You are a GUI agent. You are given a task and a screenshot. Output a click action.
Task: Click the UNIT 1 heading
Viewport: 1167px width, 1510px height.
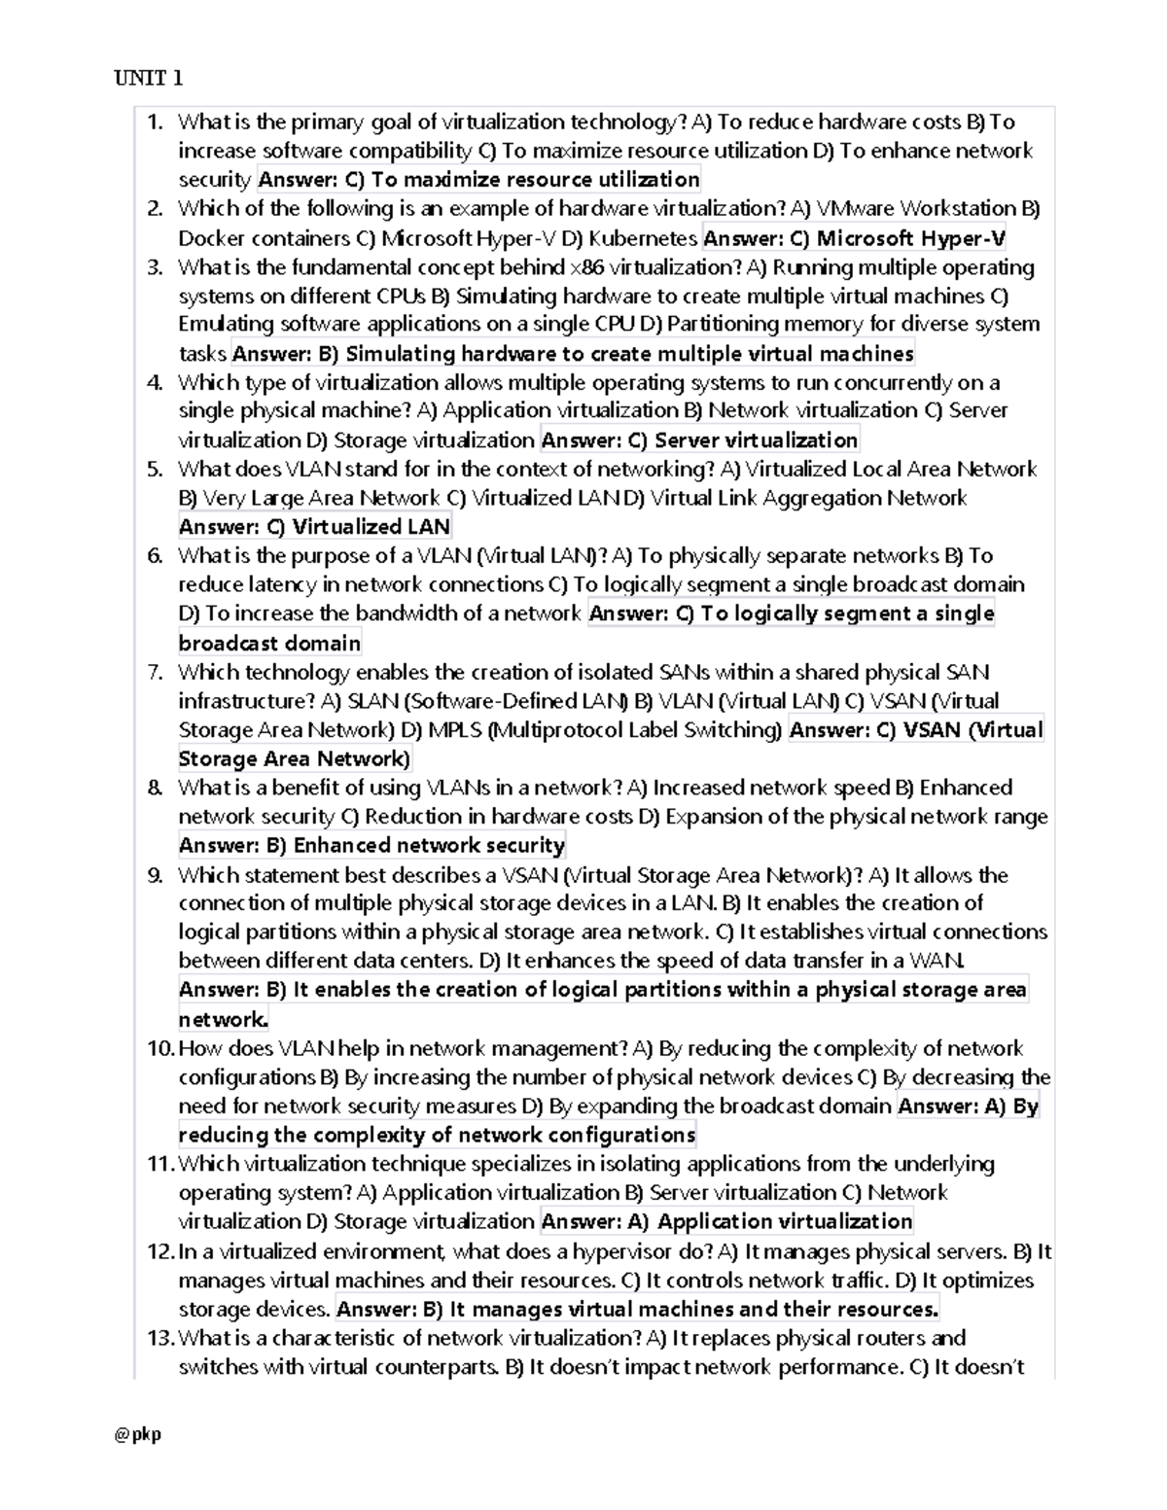coord(148,79)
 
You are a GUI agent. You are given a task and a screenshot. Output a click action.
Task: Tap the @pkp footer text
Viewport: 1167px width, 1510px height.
coord(137,1433)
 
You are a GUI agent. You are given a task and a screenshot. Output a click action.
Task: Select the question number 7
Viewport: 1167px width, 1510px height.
coord(155,672)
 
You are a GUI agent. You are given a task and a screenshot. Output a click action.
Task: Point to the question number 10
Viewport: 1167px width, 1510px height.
coord(159,1048)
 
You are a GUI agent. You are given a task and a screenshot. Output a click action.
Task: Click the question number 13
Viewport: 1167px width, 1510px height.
coord(159,1338)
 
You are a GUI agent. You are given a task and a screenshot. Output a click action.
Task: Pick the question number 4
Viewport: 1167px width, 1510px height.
coord(155,382)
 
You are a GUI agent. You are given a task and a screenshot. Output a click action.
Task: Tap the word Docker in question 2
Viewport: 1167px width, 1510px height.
coord(211,238)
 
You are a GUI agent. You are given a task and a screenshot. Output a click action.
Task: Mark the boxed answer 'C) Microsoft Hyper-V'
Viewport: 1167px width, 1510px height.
coord(854,238)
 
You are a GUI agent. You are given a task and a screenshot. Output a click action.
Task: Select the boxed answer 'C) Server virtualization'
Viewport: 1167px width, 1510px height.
coord(699,440)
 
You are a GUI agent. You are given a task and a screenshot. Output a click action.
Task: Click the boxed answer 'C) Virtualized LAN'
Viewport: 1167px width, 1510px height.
coord(315,527)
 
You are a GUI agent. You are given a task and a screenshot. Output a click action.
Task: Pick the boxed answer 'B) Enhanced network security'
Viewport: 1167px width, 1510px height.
coord(371,846)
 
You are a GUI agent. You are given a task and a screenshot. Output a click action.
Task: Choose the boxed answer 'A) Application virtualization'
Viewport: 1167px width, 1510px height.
coord(726,1222)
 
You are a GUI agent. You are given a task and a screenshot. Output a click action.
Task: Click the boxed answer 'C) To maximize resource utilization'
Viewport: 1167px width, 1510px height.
coord(478,180)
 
